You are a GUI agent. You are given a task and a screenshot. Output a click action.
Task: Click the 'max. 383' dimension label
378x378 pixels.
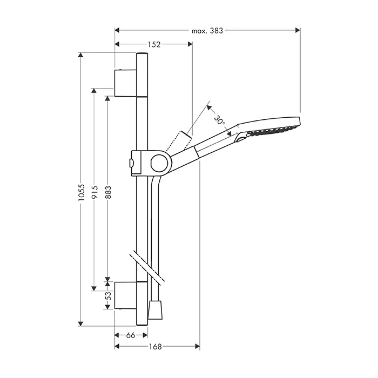[x=207, y=31]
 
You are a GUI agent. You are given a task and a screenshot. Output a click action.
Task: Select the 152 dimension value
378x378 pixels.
[x=154, y=44]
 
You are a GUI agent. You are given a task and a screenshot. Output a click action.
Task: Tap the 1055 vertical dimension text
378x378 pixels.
[x=82, y=193]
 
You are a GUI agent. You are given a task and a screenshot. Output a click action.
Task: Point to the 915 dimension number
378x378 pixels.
[x=94, y=192]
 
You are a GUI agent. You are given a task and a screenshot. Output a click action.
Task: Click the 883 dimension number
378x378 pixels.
[x=109, y=192]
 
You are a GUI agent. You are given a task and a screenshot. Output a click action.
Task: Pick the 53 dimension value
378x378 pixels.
[x=109, y=295]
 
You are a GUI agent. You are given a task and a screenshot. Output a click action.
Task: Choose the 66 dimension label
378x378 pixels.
[x=131, y=335]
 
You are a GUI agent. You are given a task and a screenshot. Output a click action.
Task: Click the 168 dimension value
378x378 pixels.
[x=156, y=347]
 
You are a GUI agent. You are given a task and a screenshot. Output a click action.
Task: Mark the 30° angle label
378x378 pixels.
[x=220, y=120]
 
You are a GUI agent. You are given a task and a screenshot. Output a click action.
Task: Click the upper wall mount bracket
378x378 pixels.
[x=126, y=83]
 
